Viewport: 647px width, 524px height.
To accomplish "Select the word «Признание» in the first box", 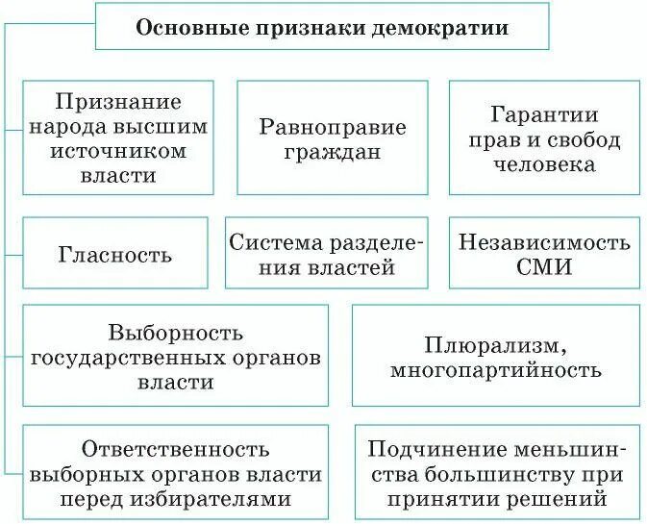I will click(118, 101).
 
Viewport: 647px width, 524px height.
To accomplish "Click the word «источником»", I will click(118, 151).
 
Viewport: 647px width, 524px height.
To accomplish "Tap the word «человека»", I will click(544, 163).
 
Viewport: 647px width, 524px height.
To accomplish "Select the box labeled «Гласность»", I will click(115, 254).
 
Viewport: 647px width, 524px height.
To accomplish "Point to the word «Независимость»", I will click(544, 241).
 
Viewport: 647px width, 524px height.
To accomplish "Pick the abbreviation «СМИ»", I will click(544, 267).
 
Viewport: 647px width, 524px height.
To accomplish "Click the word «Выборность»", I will click(176, 332).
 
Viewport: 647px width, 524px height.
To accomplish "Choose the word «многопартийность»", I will click(496, 370).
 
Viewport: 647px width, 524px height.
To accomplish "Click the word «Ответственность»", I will click(176, 449).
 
